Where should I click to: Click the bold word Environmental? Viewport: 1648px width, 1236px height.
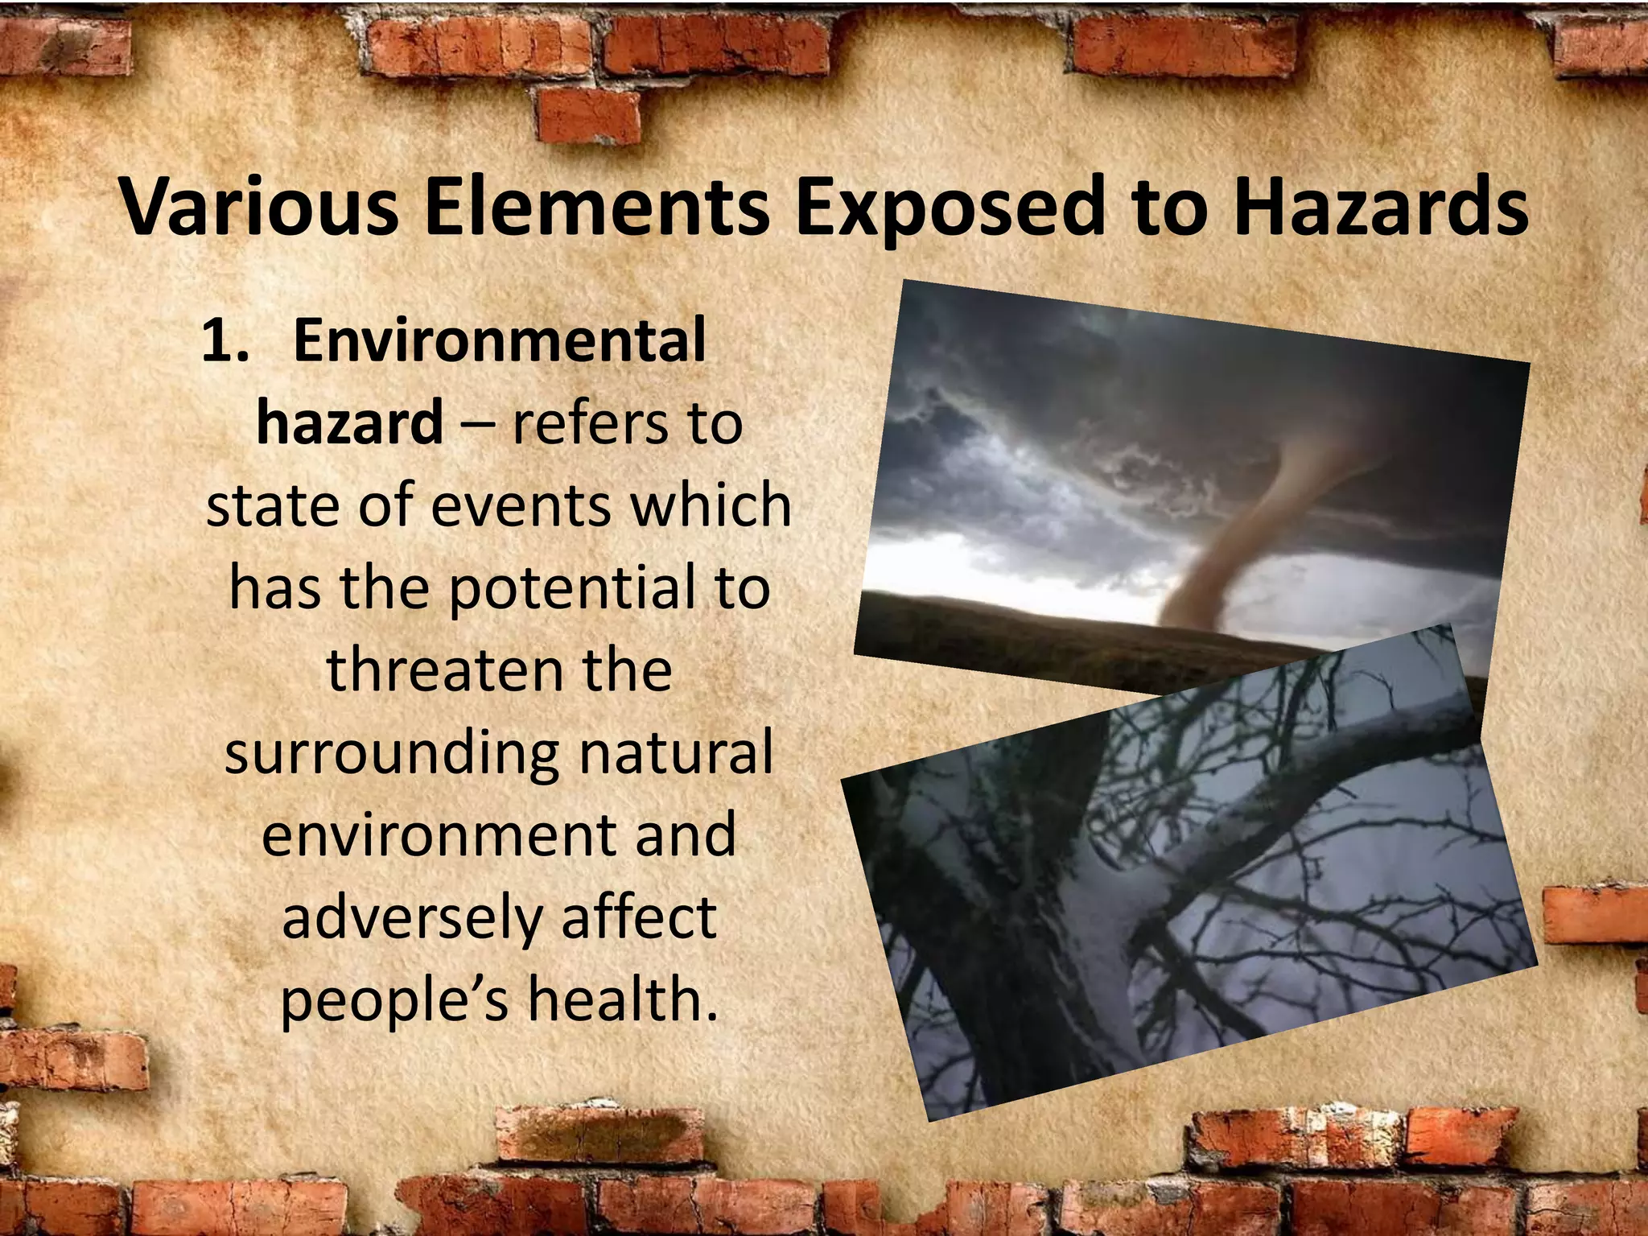(x=499, y=340)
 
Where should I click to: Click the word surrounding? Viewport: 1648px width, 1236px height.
(x=391, y=755)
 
